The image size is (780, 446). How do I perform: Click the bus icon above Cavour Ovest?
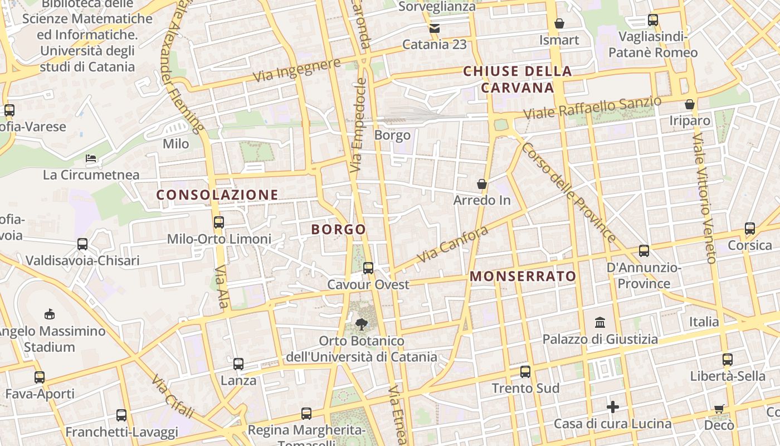[x=368, y=268]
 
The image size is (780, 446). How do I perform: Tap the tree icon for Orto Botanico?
[x=362, y=324]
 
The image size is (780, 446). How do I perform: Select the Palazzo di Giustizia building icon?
[x=600, y=323]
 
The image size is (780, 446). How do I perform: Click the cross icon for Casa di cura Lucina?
[x=613, y=407]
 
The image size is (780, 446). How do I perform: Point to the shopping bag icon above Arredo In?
[x=482, y=184]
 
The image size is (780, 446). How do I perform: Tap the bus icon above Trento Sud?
[x=525, y=372]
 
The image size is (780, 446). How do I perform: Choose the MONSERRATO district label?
[x=523, y=276]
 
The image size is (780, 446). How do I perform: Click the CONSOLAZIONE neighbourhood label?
[x=217, y=195]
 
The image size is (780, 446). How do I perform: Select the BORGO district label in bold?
[x=338, y=229]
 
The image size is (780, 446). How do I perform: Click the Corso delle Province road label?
[x=568, y=193]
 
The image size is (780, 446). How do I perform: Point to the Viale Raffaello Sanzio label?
[x=592, y=108]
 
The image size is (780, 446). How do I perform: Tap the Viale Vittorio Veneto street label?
[x=704, y=198]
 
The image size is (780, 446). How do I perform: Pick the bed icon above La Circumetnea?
[x=91, y=159]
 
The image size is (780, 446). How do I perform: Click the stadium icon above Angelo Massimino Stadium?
[x=50, y=314]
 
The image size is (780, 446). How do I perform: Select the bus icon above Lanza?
[x=238, y=364]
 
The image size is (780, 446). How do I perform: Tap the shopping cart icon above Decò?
[x=719, y=409]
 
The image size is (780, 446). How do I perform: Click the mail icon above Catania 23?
[x=434, y=28]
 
